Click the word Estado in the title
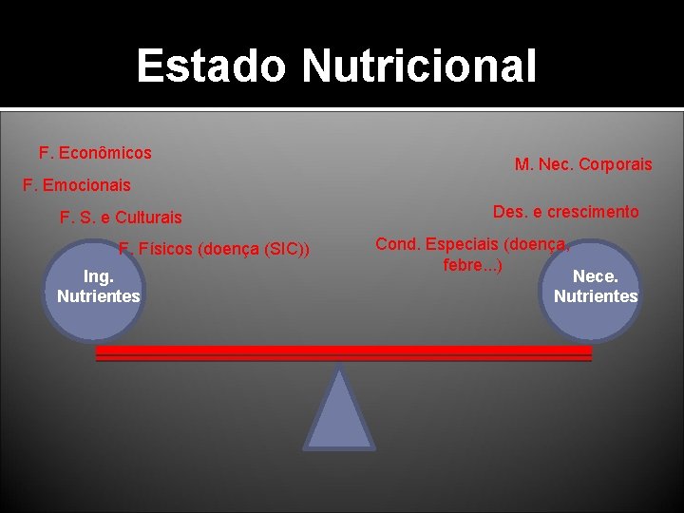(213, 66)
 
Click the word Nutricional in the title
(419, 66)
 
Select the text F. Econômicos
(95, 152)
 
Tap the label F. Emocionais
(76, 185)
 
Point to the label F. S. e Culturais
(121, 218)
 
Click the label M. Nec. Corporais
(583, 164)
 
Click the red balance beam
(343, 353)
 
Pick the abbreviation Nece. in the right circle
(596, 276)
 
